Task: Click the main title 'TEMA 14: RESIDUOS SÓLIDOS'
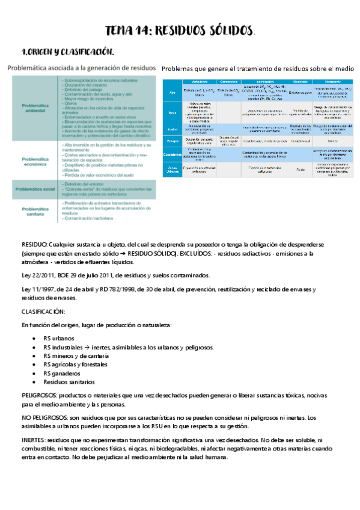[180, 31]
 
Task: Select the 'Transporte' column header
[328, 81]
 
